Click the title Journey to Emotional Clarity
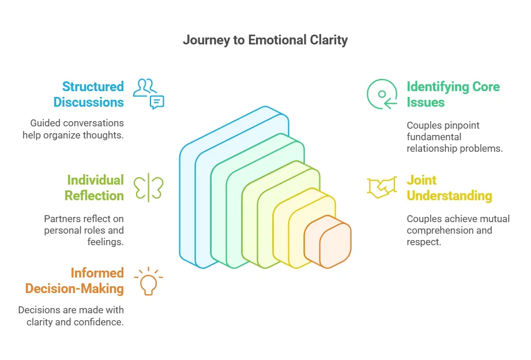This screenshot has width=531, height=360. coord(265,40)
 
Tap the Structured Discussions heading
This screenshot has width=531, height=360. coord(89,95)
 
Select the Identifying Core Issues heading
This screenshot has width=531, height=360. coord(453,95)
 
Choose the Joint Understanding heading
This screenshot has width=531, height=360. coord(449,188)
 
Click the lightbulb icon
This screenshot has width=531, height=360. coord(148,281)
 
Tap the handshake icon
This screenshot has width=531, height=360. coord(382,187)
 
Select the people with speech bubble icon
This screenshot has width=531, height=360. coord(148,94)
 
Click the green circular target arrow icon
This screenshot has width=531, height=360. coord(382,94)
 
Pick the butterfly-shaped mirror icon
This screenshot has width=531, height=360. coord(148,187)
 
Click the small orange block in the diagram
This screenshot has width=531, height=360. coord(329,242)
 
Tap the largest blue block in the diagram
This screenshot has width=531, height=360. coord(199,202)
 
